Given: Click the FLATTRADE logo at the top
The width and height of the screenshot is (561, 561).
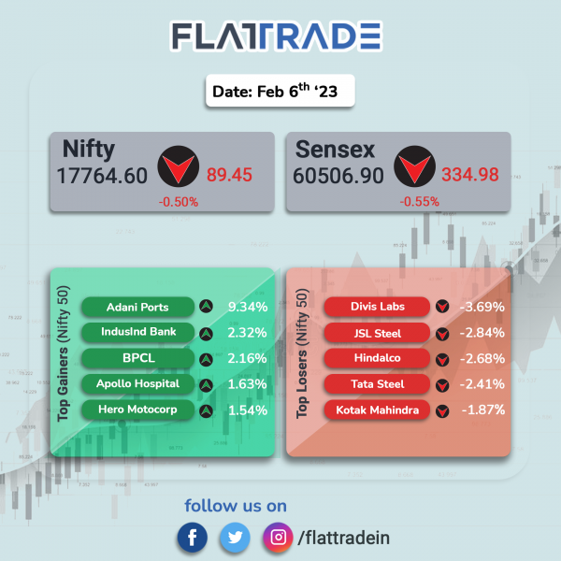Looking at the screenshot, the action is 276,36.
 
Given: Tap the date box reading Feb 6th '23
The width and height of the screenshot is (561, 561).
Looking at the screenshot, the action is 280,91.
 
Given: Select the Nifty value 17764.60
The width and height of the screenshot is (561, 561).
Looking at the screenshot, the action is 102,176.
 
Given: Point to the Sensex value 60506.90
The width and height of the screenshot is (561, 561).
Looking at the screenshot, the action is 338,176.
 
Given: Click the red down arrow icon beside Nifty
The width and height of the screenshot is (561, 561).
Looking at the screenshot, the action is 179,166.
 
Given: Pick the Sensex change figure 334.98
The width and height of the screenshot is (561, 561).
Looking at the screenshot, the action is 469,175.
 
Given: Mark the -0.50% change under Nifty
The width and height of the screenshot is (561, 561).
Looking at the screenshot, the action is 179,202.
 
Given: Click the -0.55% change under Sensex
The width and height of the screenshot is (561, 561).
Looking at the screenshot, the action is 419,201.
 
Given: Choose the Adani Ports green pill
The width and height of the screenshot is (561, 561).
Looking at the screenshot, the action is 137,307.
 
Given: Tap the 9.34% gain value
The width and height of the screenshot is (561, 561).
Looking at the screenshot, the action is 248,307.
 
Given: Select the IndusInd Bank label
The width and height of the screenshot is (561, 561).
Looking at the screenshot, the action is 138,332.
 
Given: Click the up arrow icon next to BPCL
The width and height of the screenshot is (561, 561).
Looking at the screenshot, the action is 206,360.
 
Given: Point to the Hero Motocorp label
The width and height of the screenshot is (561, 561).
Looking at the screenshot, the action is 137,410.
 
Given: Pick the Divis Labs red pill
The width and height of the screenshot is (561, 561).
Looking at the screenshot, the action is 377,307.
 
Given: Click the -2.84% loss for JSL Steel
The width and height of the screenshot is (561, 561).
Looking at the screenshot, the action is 482,333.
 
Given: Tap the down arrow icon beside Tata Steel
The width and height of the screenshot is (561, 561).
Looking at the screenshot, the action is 442,385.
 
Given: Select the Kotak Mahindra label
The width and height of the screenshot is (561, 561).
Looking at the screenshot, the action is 377,410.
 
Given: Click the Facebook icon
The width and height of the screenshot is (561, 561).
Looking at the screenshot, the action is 192,538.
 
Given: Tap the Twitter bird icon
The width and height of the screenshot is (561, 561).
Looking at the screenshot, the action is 235,538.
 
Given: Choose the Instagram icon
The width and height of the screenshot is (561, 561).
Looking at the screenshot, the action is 278,538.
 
